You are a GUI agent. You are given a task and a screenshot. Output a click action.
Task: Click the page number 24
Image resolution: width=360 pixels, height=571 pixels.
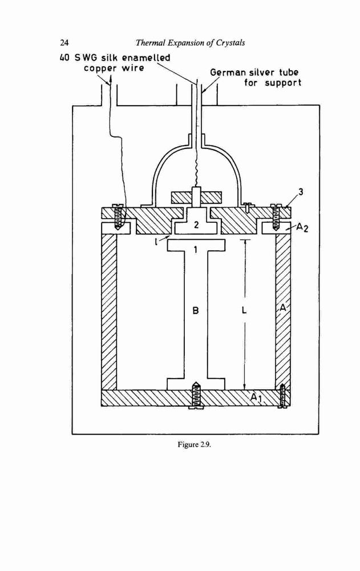[x=64, y=43]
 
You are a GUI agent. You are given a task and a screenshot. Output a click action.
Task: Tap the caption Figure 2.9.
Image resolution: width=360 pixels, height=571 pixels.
[x=194, y=445]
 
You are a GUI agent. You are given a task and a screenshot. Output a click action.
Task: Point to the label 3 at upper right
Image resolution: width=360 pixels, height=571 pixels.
[x=301, y=192]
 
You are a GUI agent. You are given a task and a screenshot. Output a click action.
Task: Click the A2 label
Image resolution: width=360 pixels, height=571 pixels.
[x=302, y=228]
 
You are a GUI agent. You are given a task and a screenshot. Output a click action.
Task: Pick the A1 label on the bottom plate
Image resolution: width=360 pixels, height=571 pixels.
[x=256, y=397]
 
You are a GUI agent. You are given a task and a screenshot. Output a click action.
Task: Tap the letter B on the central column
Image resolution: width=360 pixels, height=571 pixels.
[x=196, y=311]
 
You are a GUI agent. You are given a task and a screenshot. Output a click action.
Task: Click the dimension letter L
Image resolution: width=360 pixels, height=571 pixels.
[x=244, y=311]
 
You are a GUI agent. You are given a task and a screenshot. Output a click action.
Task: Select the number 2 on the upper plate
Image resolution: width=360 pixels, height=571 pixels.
[x=197, y=224]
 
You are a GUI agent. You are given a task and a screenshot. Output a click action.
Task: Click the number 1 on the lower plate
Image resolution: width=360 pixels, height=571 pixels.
[x=196, y=250]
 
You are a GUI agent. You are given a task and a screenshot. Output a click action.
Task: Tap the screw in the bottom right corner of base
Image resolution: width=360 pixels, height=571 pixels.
[x=282, y=396]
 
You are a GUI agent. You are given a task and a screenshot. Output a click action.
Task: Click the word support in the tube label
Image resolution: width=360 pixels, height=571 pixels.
[x=283, y=83]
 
